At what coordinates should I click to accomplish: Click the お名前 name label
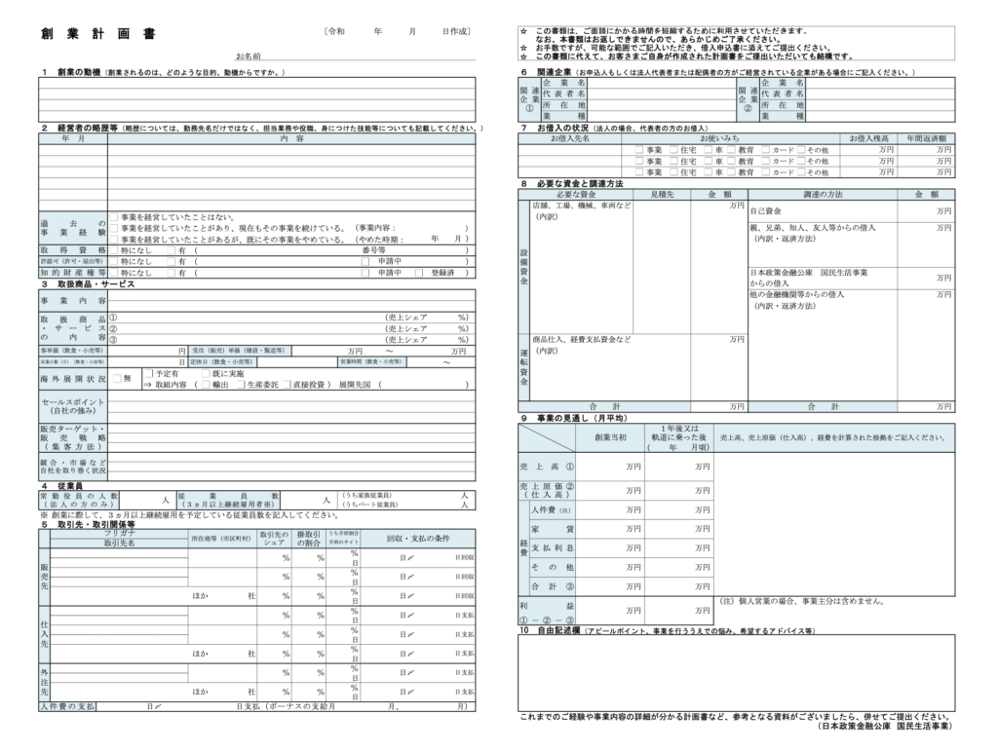click(x=248, y=57)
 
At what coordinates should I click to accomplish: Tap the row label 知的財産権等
click(x=73, y=273)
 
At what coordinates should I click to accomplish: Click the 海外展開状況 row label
click(x=73, y=378)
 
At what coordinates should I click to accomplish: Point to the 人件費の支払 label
click(x=68, y=705)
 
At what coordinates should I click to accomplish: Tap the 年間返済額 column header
click(x=927, y=138)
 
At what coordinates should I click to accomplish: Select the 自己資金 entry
click(x=766, y=210)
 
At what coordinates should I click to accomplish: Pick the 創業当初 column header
click(x=610, y=437)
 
